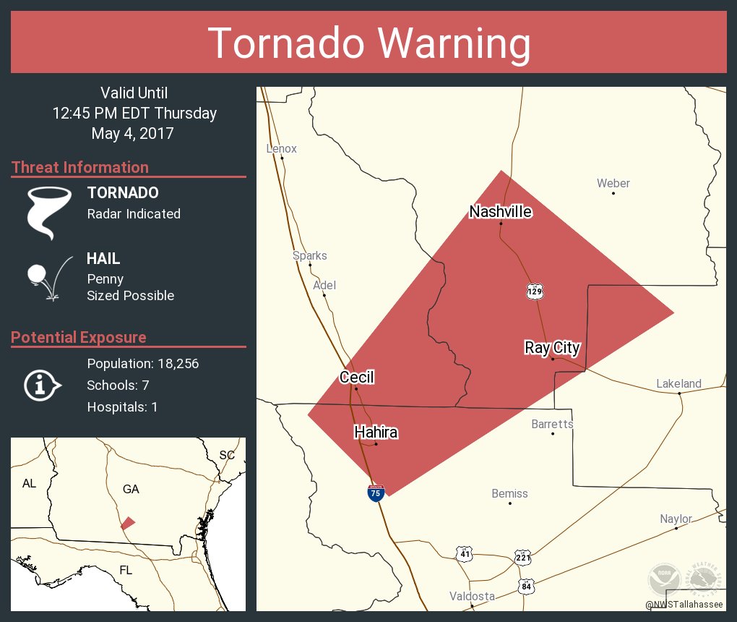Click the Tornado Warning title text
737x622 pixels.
pos(368,43)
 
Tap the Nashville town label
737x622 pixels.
pos(501,211)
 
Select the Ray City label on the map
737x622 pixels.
pos(552,348)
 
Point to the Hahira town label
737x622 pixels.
pos(376,433)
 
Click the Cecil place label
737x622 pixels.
pos(357,378)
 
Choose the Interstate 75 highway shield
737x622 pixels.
pos(376,494)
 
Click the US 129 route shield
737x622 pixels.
pos(535,291)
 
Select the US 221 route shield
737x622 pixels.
pos(523,557)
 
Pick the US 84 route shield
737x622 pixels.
pos(526,586)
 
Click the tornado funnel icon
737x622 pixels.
pos(48,212)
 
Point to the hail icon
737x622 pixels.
pos(48,278)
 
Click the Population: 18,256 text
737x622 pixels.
pos(142,364)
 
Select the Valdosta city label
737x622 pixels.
pos(472,596)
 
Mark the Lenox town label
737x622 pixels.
pos(281,149)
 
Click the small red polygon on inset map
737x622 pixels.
pos(128,523)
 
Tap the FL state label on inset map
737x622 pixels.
pos(126,571)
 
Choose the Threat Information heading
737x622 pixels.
pos(80,167)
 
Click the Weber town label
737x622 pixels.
pos(613,184)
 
